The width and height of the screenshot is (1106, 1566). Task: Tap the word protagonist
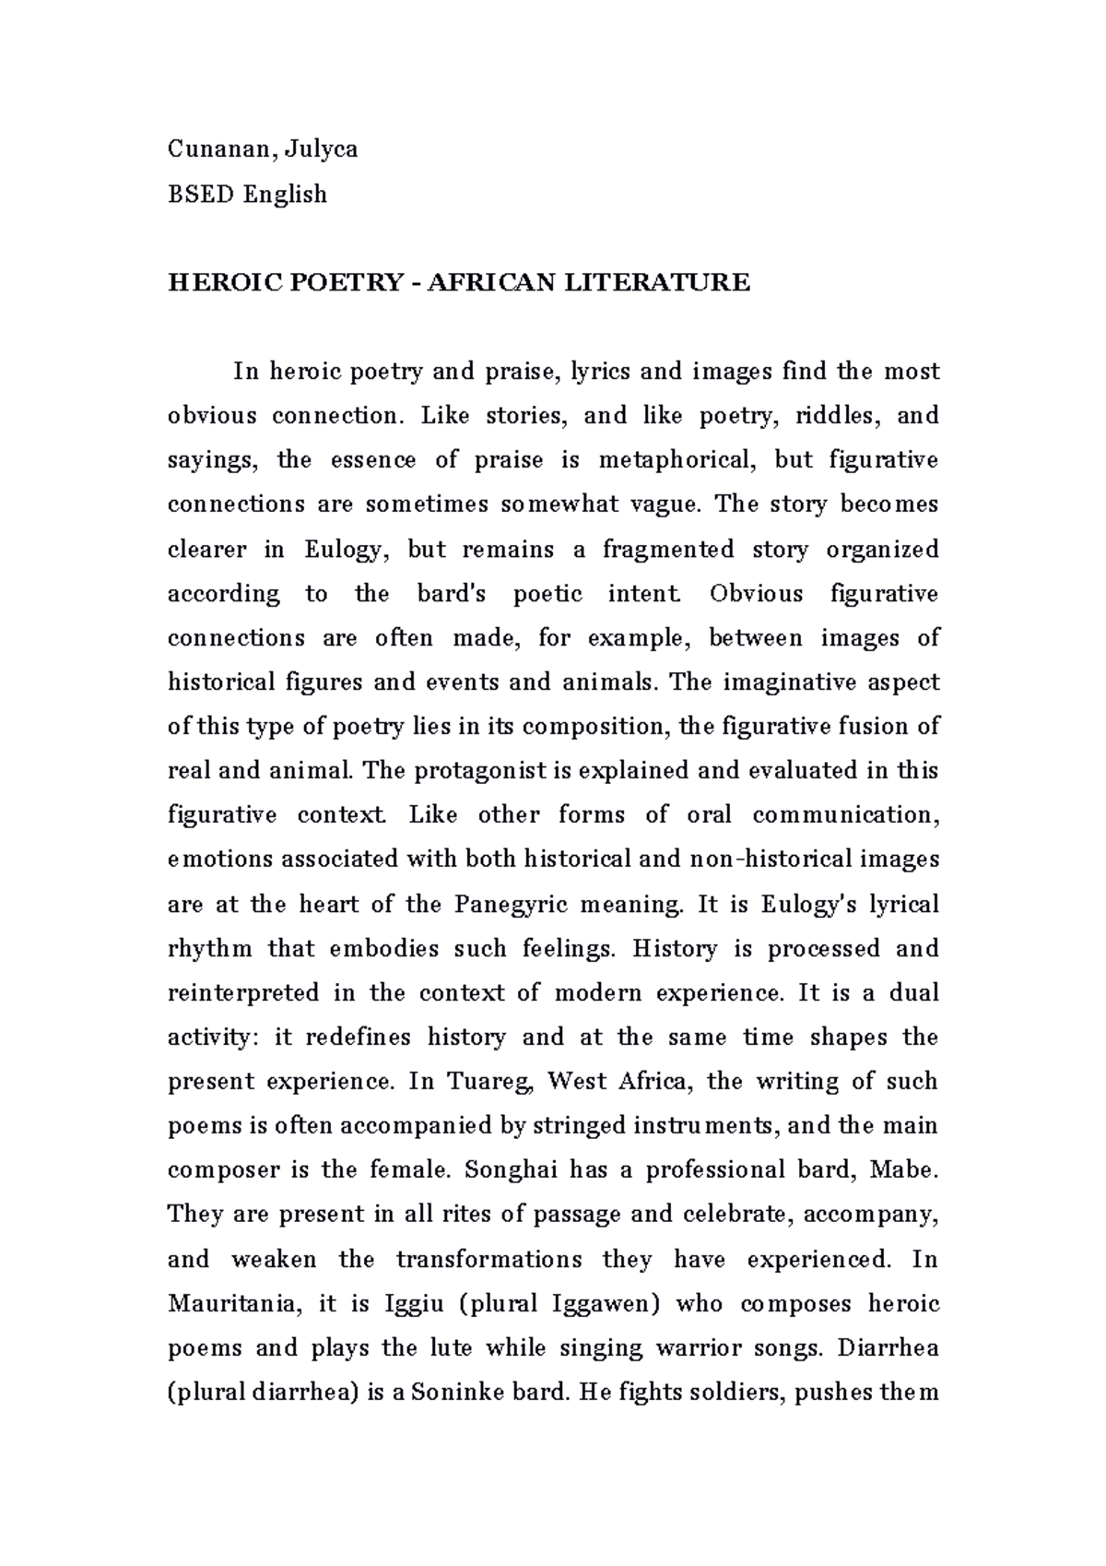[x=457, y=771]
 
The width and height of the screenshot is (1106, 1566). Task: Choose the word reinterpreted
[x=242, y=993]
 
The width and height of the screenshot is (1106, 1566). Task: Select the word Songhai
[x=511, y=1170]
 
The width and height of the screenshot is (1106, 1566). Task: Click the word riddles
[x=838, y=416]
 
